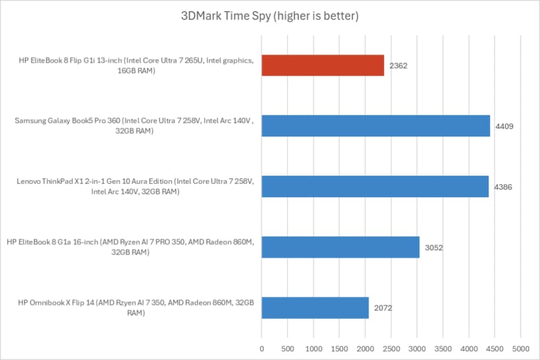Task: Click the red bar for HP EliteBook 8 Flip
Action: (x=323, y=66)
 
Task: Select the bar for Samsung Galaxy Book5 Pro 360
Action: (x=375, y=126)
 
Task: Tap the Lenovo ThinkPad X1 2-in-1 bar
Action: (x=375, y=186)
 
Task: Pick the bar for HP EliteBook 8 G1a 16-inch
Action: (x=340, y=247)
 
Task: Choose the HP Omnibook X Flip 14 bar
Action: (x=315, y=308)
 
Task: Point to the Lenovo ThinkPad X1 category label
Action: (x=134, y=187)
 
